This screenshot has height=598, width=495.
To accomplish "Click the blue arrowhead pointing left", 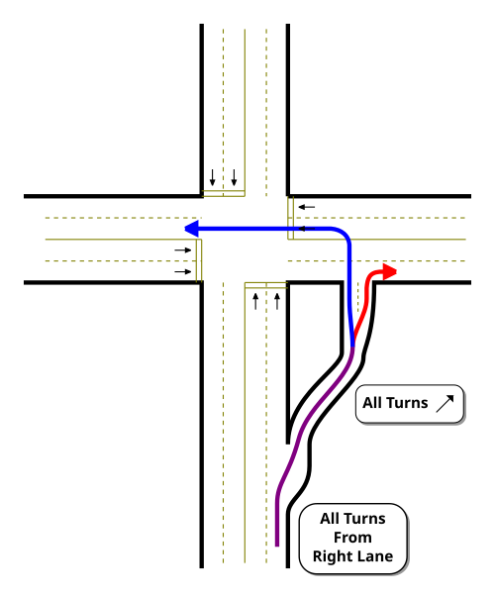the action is (191, 229).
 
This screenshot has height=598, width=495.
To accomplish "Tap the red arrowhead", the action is (390, 271).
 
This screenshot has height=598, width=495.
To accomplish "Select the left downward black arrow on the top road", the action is (213, 177).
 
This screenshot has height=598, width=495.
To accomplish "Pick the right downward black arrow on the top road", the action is (235, 177).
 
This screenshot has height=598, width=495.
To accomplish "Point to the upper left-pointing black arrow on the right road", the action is (307, 207).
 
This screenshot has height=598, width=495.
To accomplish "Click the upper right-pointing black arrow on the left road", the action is (183, 250).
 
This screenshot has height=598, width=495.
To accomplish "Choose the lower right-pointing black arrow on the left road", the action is (183, 272).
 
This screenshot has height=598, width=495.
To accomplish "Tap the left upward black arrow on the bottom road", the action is (255, 301).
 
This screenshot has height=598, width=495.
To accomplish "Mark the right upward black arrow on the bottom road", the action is (277, 301).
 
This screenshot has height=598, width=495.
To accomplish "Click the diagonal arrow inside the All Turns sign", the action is (445, 404).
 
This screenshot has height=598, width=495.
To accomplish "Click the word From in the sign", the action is (352, 538).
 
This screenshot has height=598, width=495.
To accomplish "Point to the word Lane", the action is (374, 556).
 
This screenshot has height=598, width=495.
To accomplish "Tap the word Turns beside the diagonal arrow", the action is (407, 403).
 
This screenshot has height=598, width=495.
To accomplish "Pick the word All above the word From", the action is (329, 519).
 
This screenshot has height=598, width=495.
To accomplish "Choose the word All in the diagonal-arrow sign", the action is (372, 403).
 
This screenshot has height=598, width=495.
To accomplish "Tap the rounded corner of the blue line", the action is (346, 234).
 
